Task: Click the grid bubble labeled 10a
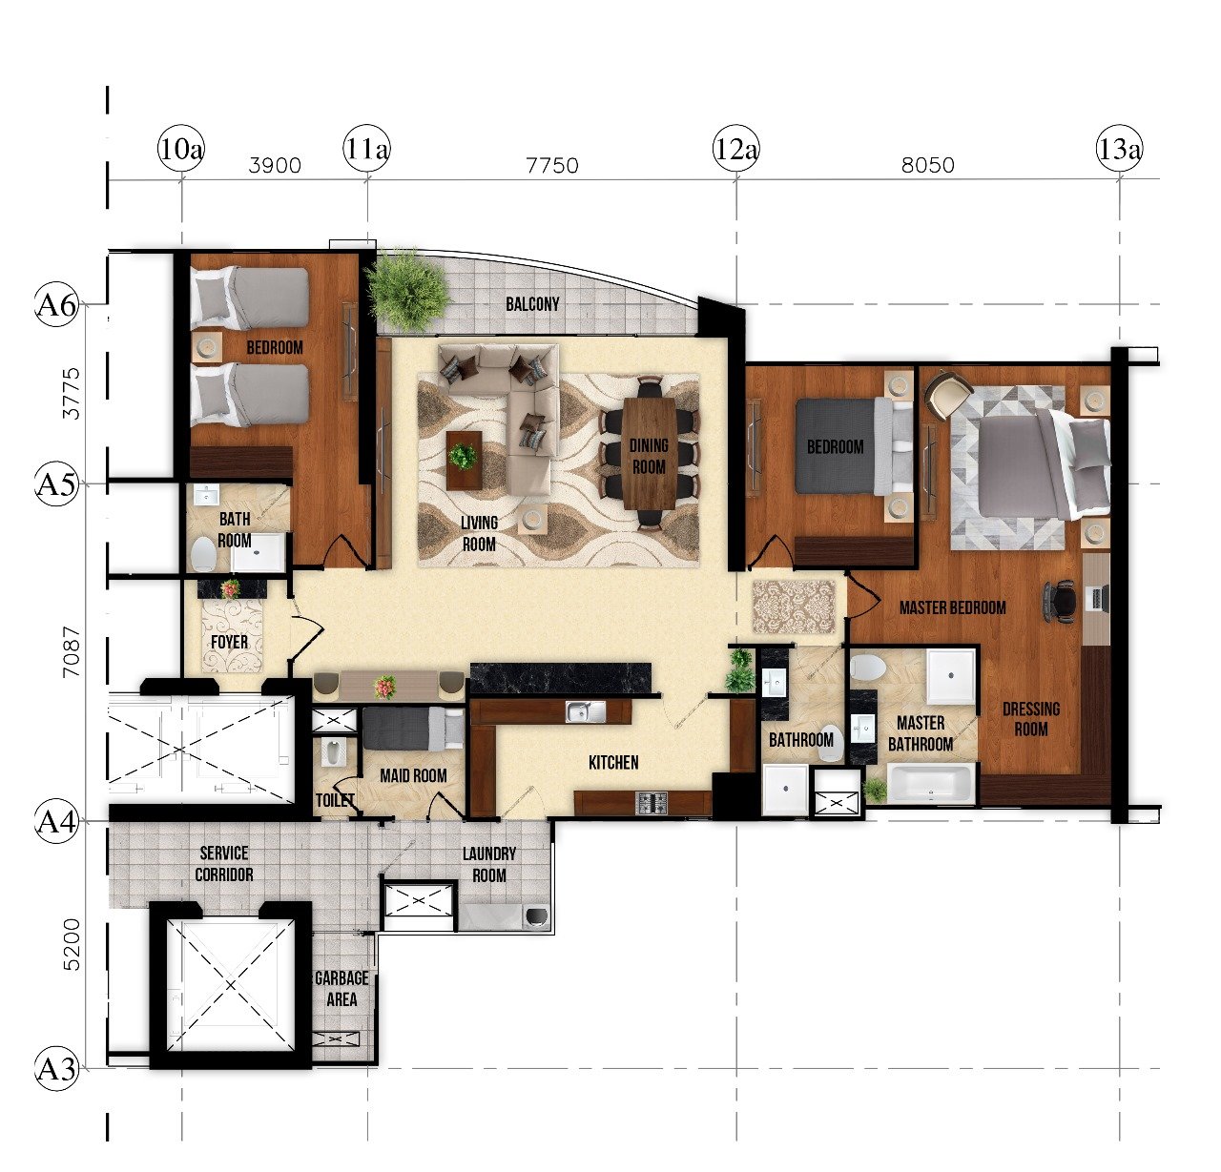click(181, 149)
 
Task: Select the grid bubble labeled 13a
click(1119, 149)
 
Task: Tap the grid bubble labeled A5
click(56, 483)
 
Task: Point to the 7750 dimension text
click(551, 165)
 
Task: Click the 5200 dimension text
click(72, 944)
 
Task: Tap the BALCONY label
click(532, 304)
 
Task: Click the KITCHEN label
click(613, 762)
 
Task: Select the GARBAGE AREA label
click(341, 988)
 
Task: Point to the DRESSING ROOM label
click(1031, 719)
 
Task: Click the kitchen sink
click(586, 712)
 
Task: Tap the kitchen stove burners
click(652, 802)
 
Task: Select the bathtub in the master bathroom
click(930, 784)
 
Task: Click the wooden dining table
click(650, 453)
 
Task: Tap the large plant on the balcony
click(407, 289)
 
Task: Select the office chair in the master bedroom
click(1060, 602)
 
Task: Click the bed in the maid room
click(413, 729)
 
